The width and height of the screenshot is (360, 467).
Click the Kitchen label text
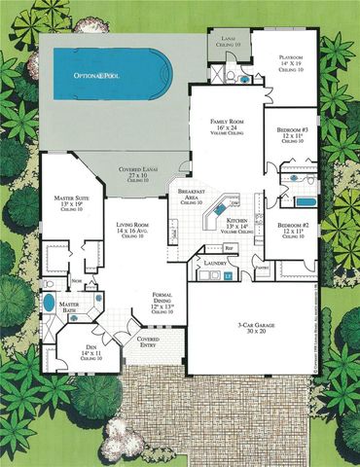point(236,226)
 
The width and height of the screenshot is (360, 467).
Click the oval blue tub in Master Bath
point(50,304)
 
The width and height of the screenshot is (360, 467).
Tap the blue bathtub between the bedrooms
point(304,201)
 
